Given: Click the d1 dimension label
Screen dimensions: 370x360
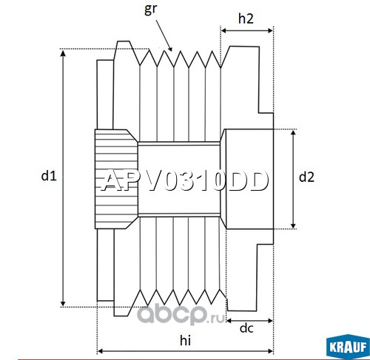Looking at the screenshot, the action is click(49, 176).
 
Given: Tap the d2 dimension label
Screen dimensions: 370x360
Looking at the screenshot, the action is click(306, 177).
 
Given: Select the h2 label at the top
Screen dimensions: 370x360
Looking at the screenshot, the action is click(246, 18).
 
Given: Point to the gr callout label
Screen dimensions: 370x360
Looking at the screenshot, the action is click(150, 10).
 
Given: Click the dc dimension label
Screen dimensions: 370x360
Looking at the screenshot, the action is click(246, 328).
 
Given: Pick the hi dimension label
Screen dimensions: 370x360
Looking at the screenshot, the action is click(185, 340).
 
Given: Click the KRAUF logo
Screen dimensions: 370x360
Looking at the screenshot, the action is click(348, 346).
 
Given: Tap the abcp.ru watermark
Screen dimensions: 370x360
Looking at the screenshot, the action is click(181, 315).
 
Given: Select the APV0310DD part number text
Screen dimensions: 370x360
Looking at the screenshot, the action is click(184, 181).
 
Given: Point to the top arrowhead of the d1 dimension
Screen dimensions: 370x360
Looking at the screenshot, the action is click(63, 52).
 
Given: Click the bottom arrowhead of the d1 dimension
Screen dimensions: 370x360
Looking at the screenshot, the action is click(63, 303).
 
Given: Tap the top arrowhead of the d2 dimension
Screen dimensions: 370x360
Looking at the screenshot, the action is click(293, 133).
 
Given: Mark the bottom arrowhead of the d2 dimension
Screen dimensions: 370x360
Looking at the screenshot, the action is click(293, 225).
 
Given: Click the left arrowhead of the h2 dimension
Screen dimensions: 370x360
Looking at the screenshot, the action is click(224, 30).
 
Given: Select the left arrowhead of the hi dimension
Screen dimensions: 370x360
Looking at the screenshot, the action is click(101, 351).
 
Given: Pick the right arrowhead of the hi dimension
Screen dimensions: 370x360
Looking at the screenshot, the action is click(270, 351).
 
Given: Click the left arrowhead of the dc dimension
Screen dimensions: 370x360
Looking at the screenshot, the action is click(229, 321).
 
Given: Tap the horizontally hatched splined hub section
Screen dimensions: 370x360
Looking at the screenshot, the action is click(116, 179).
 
